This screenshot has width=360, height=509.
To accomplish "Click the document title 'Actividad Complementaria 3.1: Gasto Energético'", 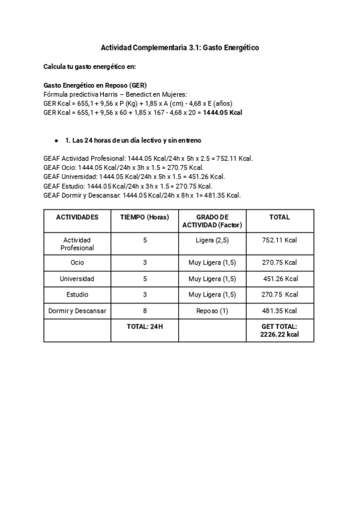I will click(179, 47).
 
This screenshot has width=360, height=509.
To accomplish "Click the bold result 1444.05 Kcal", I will click(222, 112).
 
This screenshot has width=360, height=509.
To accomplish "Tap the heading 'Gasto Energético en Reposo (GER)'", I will click(95, 85).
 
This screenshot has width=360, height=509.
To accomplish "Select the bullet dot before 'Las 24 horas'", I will click(56, 140).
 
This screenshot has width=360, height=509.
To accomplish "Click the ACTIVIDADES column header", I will click(77, 217).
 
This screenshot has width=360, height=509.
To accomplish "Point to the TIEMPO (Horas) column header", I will click(145, 217).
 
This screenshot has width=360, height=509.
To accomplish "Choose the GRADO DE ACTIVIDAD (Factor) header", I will click(212, 221).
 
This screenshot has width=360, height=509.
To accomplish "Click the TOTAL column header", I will click(280, 217).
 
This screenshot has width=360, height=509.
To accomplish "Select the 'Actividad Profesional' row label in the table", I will click(77, 244).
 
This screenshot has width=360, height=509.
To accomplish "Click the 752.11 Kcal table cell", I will click(280, 240).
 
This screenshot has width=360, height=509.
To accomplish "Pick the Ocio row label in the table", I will click(77, 263).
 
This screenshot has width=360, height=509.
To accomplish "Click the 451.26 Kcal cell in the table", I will click(281, 279).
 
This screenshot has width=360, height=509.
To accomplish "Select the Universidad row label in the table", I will click(77, 279).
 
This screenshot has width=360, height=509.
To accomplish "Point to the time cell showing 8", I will click(145, 310).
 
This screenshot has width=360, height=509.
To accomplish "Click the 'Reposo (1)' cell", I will click(212, 310).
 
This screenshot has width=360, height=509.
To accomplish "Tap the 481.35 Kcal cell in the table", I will click(280, 310).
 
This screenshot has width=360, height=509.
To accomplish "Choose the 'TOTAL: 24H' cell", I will click(145, 327).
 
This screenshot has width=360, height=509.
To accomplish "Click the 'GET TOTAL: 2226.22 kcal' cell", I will click(280, 331).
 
